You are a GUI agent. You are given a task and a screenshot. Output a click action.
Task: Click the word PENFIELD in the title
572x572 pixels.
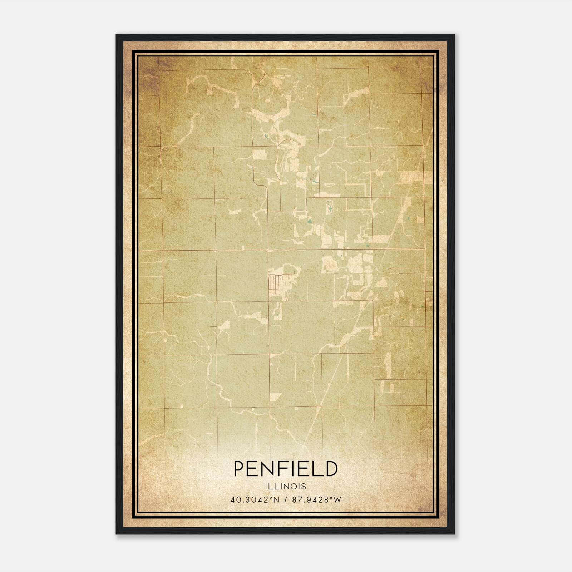pos(286,469)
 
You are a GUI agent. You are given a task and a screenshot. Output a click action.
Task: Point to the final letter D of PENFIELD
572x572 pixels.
pos(331,469)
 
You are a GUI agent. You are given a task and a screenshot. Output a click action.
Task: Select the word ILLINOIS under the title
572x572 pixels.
pos(286,487)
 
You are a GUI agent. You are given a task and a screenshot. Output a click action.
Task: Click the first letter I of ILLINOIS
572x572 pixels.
pos(267,487)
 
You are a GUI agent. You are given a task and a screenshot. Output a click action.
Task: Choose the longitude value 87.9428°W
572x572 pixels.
pos(317,499)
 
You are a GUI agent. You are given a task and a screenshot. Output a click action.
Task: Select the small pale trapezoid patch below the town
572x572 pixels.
pos(275,396)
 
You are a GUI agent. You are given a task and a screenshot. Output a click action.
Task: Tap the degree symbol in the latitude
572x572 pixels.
pos(271,498)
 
